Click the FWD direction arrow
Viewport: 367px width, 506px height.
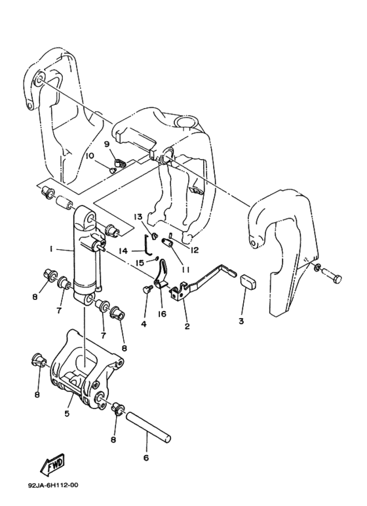[x=52, y=465]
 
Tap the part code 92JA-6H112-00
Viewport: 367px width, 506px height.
[x=53, y=484]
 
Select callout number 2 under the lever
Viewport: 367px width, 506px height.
[x=187, y=326]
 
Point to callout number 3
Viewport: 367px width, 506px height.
[x=241, y=321]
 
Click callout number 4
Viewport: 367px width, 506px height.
[x=144, y=323]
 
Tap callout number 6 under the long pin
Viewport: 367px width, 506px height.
[x=146, y=458]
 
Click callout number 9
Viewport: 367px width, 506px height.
[x=107, y=144]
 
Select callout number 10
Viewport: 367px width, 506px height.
[x=90, y=156]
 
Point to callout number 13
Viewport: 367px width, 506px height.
[x=138, y=216]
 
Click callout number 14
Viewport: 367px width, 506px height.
[x=125, y=251]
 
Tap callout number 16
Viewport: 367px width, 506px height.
[x=162, y=314]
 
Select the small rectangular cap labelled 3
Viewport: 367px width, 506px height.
[x=248, y=281]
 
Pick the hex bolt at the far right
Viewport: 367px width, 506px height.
[x=330, y=275]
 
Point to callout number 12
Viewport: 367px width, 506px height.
[x=194, y=250]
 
